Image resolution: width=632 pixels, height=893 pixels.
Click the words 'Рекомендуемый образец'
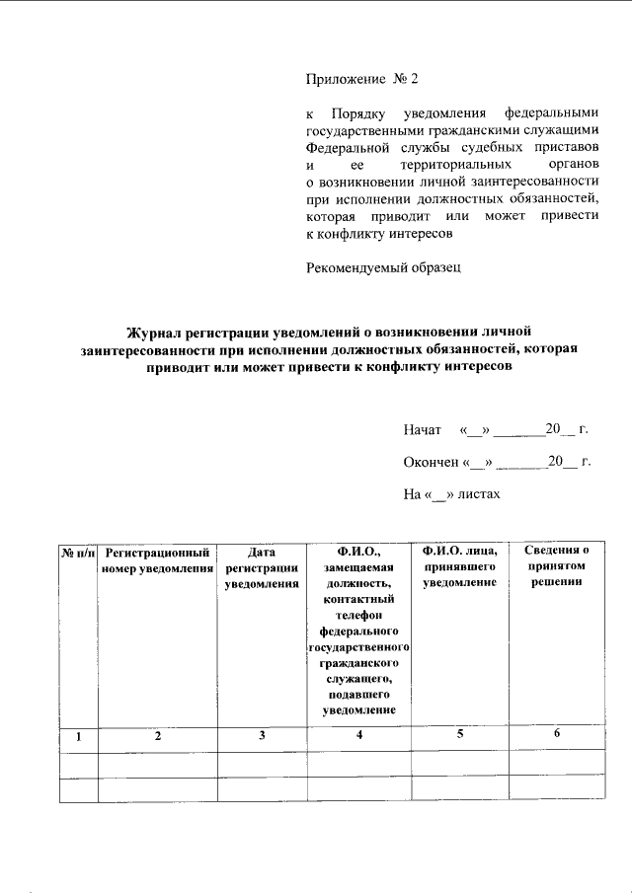click(383, 266)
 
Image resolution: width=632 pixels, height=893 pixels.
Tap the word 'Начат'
click(422, 430)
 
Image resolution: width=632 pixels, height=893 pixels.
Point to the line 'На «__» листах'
click(452, 492)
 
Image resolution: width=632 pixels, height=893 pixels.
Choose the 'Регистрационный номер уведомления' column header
click(158, 559)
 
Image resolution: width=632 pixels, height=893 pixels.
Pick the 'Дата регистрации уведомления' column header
click(262, 567)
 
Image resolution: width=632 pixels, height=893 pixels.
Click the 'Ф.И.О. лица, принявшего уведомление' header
click(459, 567)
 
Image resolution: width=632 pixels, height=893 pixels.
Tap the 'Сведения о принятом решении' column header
click(556, 566)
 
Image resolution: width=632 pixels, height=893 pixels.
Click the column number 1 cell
click(79, 736)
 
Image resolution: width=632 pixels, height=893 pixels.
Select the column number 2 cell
click(158, 736)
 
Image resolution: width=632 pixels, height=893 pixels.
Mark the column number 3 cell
click(262, 736)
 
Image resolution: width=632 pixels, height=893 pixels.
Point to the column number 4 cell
click(359, 735)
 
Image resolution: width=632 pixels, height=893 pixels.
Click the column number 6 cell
click(556, 732)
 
